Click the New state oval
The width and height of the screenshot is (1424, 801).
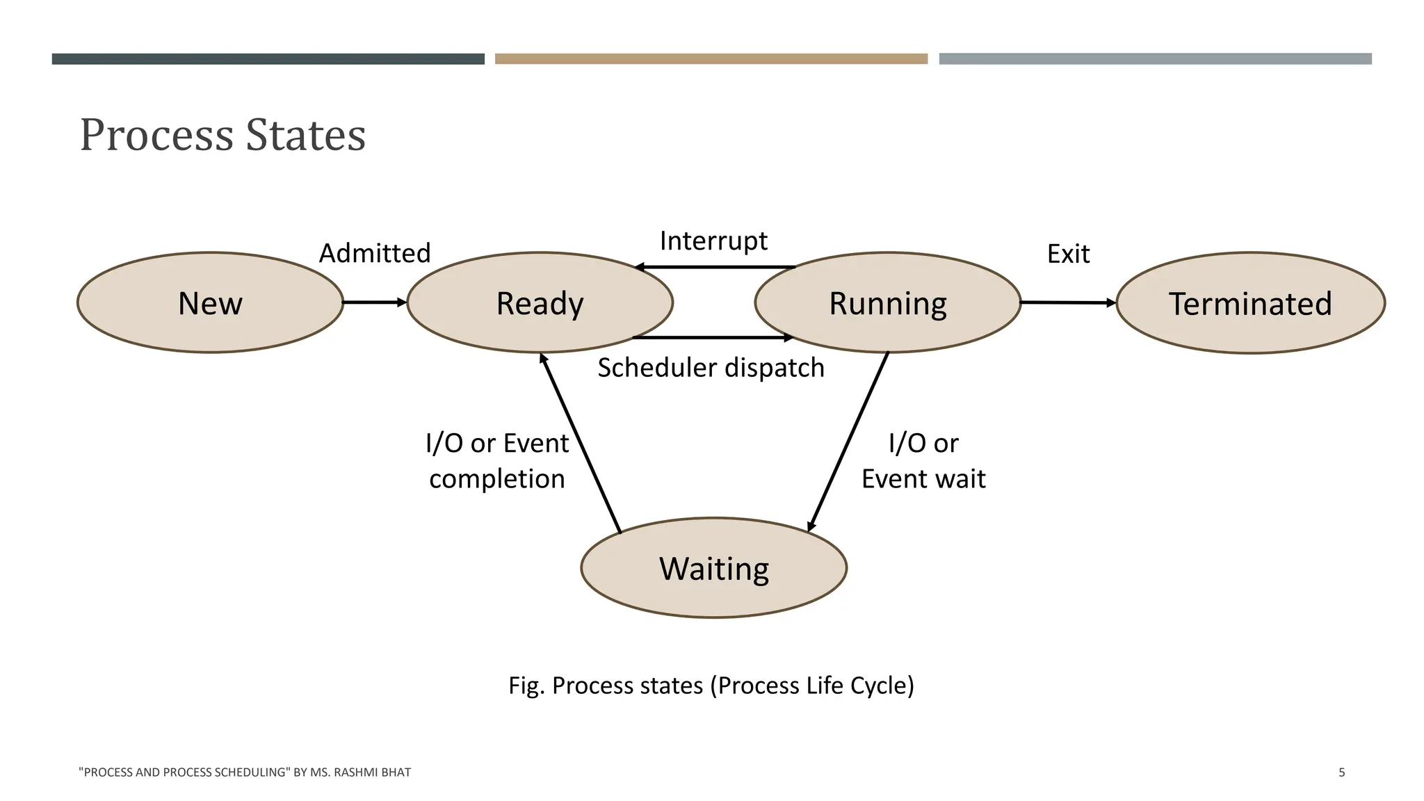point(210,303)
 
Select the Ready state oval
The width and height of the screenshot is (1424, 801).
point(540,303)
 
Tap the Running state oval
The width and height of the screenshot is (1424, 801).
point(887,303)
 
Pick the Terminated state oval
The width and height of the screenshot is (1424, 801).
point(1250,303)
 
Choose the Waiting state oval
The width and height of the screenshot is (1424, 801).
point(713,568)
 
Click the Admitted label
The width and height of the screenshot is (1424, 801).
point(375,253)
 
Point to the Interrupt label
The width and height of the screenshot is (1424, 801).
point(713,241)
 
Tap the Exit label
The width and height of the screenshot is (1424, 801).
point(1068,254)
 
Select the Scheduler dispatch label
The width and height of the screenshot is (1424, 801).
point(711,367)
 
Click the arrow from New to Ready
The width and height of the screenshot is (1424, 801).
point(374,302)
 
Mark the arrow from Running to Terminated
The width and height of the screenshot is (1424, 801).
point(1068,302)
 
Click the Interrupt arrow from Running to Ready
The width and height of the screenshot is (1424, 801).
point(715,267)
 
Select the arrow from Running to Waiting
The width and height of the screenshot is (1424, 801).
point(848,442)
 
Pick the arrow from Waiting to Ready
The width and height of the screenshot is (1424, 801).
point(580,442)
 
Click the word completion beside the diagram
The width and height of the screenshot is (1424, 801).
point(497,479)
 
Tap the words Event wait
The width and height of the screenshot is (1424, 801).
point(923,479)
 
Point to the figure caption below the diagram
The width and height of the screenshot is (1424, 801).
point(711,686)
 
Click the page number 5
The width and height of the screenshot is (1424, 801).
point(1341,772)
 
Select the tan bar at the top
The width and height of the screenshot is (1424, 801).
point(711,59)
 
